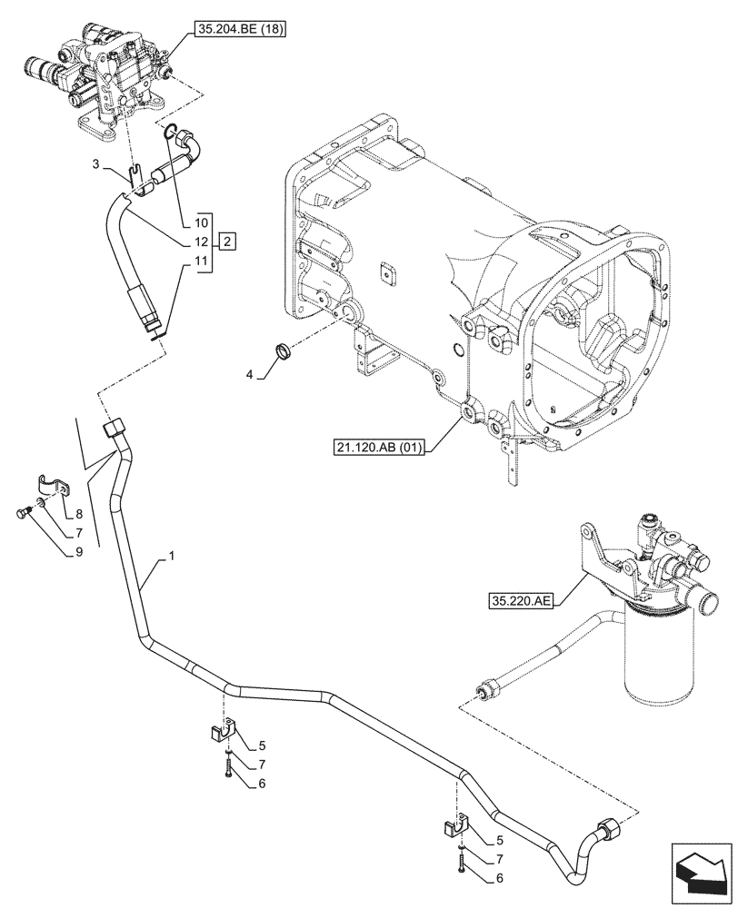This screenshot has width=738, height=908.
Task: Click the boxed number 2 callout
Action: coord(227,241)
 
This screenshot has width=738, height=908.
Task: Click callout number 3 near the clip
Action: coord(96,165)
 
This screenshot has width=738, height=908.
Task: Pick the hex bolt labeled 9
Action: coord(22,515)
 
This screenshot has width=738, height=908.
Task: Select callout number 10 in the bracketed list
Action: coord(201,221)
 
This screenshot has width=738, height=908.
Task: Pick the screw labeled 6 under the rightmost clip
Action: coord(465,868)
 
